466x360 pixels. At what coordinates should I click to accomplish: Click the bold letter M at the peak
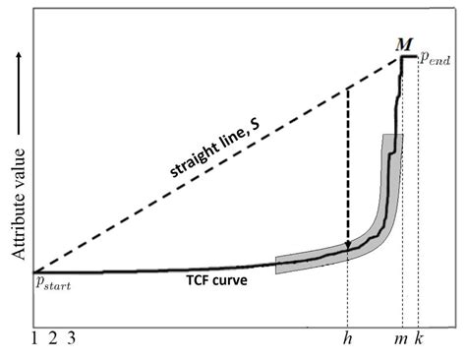pyautogui.click(x=404, y=44)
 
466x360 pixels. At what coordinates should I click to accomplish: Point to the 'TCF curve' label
pyautogui.click(x=215, y=279)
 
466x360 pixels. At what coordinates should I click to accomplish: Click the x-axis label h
pyautogui.click(x=348, y=339)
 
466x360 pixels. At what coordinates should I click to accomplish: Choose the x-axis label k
pyautogui.click(x=419, y=339)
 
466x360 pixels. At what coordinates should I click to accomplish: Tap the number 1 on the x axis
pyautogui.click(x=35, y=339)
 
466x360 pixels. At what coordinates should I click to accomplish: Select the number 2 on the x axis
pyautogui.click(x=54, y=339)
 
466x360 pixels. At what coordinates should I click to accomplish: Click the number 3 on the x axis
pyautogui.click(x=73, y=339)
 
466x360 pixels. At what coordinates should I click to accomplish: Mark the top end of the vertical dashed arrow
pyautogui.click(x=348, y=89)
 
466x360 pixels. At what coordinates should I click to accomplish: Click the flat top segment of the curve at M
pyautogui.click(x=407, y=57)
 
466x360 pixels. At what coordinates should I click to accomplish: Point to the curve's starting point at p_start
pyautogui.click(x=34, y=271)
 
